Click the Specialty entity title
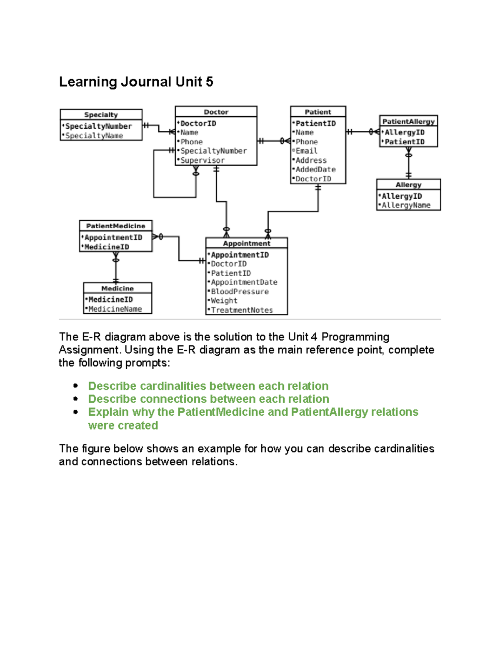pyautogui.click(x=101, y=115)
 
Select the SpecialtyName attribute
pyautogui.click(x=94, y=136)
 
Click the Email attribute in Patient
pyautogui.click(x=306, y=151)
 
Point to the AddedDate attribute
pyautogui.click(x=315, y=170)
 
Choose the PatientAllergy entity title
pyautogui.click(x=408, y=122)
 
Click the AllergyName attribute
pyautogui.click(x=406, y=205)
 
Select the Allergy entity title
pyautogui.click(x=408, y=185)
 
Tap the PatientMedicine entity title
pyautogui.click(x=115, y=226)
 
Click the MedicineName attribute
pyautogui.click(x=115, y=309)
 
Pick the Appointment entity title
pyautogui.click(x=247, y=243)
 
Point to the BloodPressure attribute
pyautogui.click(x=240, y=292)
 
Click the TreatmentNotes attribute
pyautogui.click(x=242, y=310)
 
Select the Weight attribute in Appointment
pyautogui.click(x=224, y=301)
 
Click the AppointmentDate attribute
pyautogui.click(x=244, y=282)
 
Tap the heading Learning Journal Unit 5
pyautogui.click(x=136, y=82)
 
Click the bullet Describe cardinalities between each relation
pyautogui.click(x=208, y=386)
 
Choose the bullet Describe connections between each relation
pyautogui.click(x=208, y=399)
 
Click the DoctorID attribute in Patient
pyautogui.click(x=313, y=179)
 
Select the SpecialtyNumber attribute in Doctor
pyautogui.click(x=213, y=151)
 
